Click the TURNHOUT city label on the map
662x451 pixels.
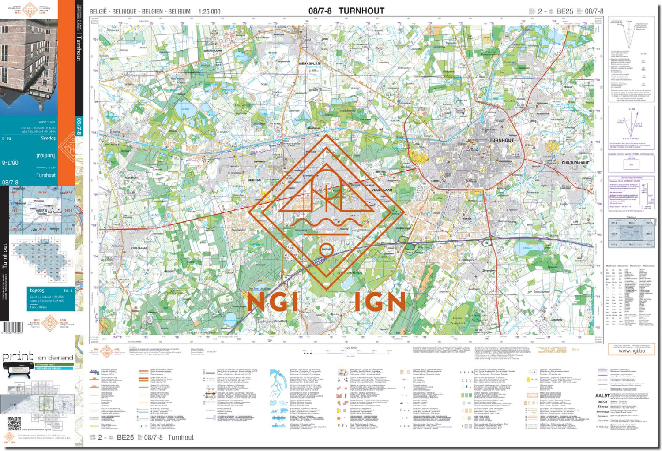tap(501, 140)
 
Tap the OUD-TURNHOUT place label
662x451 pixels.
tap(575, 163)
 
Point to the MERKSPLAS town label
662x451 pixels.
tap(309, 63)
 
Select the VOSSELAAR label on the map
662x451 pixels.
tap(382, 190)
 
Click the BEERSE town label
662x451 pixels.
tap(254, 180)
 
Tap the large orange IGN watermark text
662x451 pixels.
tap(380, 302)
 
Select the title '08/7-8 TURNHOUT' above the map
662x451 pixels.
tap(346, 11)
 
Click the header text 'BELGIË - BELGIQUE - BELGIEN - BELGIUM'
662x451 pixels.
tap(140, 11)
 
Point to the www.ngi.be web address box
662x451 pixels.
tap(631, 351)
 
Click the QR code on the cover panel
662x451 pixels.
tap(14, 423)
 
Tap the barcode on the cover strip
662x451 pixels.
tap(12, 328)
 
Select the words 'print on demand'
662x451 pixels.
tap(38, 357)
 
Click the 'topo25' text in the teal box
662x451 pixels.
tap(37, 291)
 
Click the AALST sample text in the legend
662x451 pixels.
tap(602, 395)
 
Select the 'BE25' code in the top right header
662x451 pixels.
tap(564, 11)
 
